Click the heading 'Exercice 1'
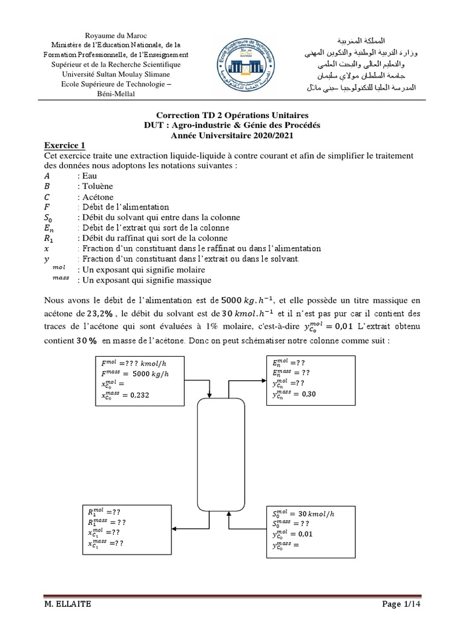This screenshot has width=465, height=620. pos(66,145)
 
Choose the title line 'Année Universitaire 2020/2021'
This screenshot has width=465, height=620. pos(232,134)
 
